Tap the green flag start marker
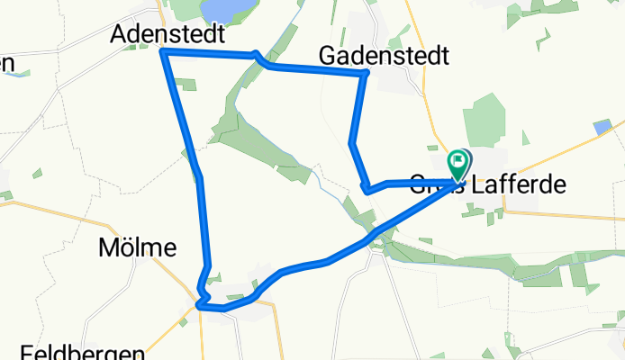point(459,164)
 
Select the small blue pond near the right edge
point(602,128)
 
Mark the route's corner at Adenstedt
point(163,52)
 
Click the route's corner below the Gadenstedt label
point(364,74)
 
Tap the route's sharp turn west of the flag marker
point(365,189)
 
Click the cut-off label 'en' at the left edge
point(7,63)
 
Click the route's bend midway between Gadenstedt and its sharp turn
point(351,142)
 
